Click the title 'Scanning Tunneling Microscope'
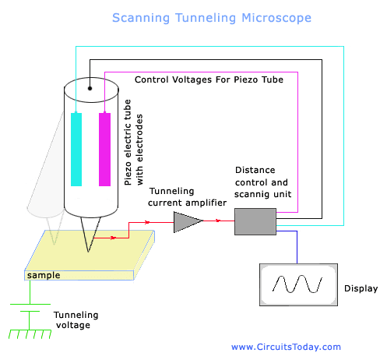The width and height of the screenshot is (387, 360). point(211,17)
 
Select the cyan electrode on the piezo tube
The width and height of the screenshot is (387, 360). point(76,149)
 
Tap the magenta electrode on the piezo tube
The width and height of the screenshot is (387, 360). point(105,149)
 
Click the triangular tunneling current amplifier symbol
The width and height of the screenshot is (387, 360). point(186,222)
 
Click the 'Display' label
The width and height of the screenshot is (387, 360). point(360,288)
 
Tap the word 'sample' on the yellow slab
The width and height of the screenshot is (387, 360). point(42,275)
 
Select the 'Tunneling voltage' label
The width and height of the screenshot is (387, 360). point(76,319)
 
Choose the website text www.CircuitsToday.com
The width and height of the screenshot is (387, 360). point(286,347)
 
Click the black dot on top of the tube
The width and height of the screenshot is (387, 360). point(90,88)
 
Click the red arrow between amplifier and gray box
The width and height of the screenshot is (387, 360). point(217,221)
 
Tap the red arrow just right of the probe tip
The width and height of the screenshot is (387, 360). point(114,238)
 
